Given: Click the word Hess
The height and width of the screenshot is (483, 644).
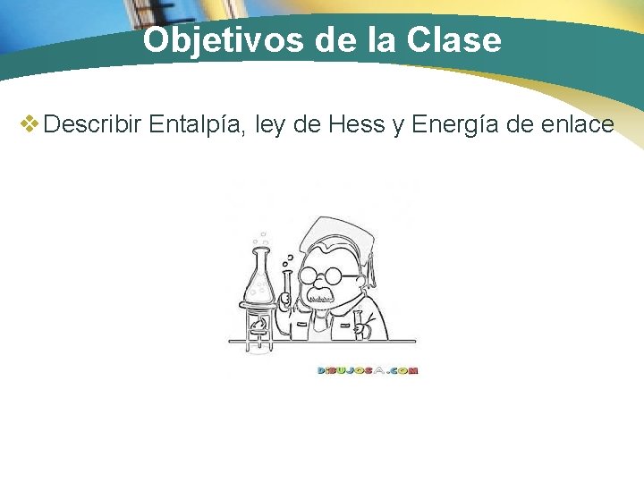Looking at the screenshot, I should click(x=357, y=124).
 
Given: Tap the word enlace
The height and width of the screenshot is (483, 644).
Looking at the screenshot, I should click(x=578, y=124).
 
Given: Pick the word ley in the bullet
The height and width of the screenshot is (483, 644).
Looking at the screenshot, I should click(x=269, y=124).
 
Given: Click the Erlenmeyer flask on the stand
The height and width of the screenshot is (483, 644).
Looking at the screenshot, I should click(x=259, y=276).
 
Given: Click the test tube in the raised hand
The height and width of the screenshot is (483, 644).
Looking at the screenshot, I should click(x=287, y=282).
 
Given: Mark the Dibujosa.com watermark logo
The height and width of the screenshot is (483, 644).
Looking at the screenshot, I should click(x=367, y=369).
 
